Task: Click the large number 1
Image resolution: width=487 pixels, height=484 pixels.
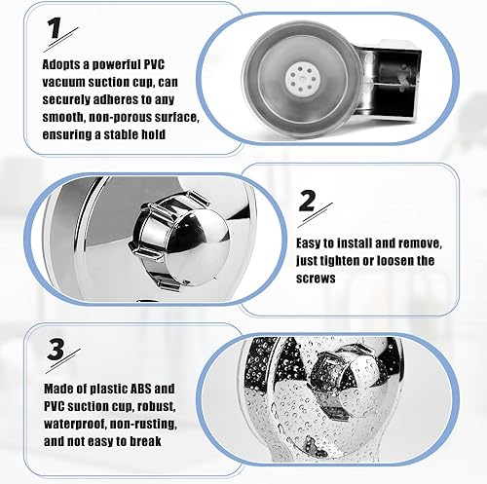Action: (x=55, y=28)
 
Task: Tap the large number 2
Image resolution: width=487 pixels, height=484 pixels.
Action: (x=307, y=201)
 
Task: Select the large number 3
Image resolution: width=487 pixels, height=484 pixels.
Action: (x=56, y=350)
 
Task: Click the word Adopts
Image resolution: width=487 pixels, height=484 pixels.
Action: (x=61, y=64)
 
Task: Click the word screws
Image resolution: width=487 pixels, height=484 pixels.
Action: (x=316, y=279)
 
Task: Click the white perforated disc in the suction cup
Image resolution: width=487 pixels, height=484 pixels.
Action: (x=303, y=78)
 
